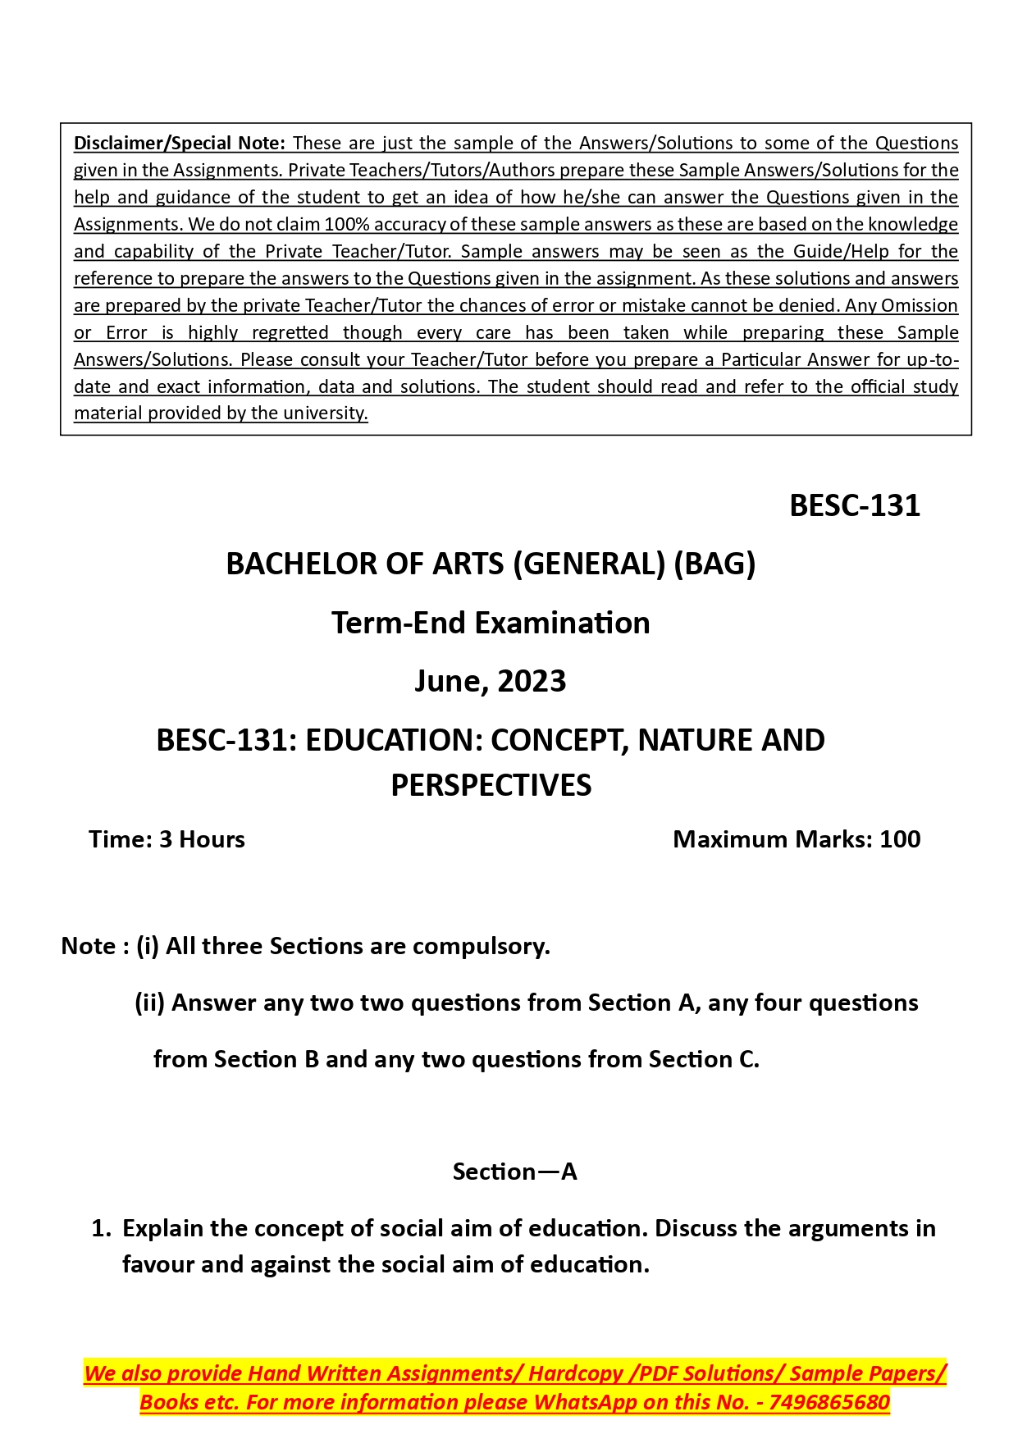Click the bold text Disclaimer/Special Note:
click(x=179, y=144)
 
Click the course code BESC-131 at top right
click(x=854, y=506)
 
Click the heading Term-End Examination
click(x=491, y=624)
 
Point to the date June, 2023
click(x=490, y=682)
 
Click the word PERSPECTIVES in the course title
click(x=491, y=786)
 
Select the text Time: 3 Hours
click(x=167, y=839)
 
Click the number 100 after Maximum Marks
click(x=900, y=839)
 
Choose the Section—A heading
click(x=514, y=1172)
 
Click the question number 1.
click(x=101, y=1229)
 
